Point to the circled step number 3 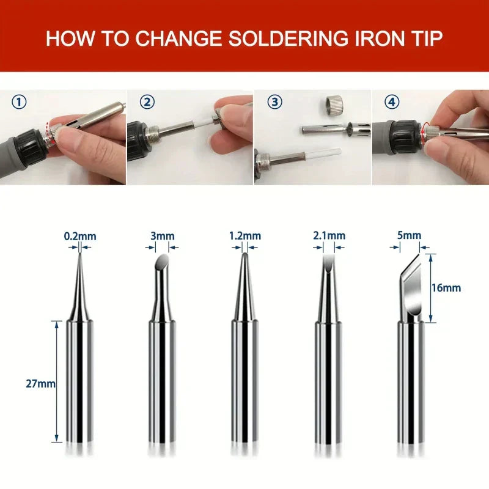[273, 101]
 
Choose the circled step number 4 [392, 101]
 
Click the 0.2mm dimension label [80, 236]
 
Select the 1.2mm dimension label [244, 236]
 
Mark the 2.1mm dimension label [329, 236]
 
